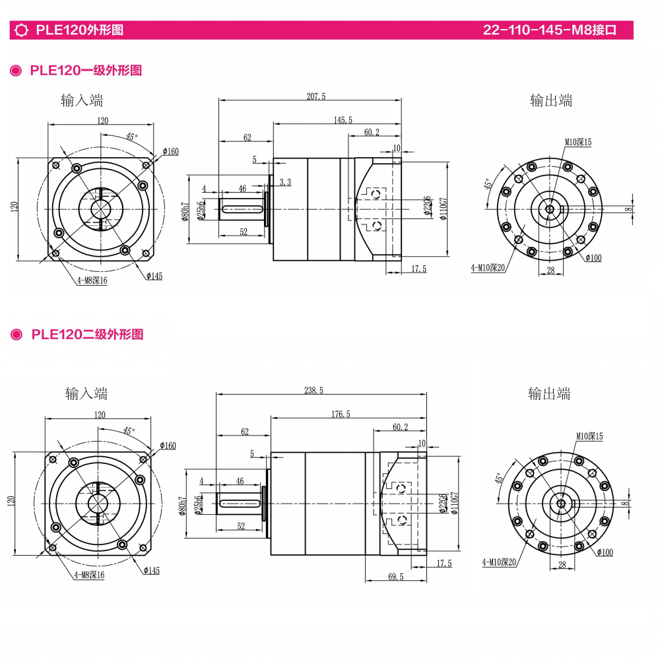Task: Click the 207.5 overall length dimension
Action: pos(316,96)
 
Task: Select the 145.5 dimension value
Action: pos(343,119)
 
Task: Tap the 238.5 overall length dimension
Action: pos(313,391)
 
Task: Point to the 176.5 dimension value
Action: pos(341,414)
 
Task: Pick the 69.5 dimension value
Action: pos(395,577)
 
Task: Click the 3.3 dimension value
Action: pos(284,182)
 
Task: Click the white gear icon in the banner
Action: pos(21,30)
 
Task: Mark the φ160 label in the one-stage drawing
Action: pos(170,152)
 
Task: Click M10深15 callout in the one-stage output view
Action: pos(577,142)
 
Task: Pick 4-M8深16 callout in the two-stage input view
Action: pos(88,575)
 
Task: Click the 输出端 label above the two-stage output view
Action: pos(549,394)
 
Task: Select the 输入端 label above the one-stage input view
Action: pos(82,100)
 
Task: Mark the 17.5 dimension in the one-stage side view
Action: pos(418,269)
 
